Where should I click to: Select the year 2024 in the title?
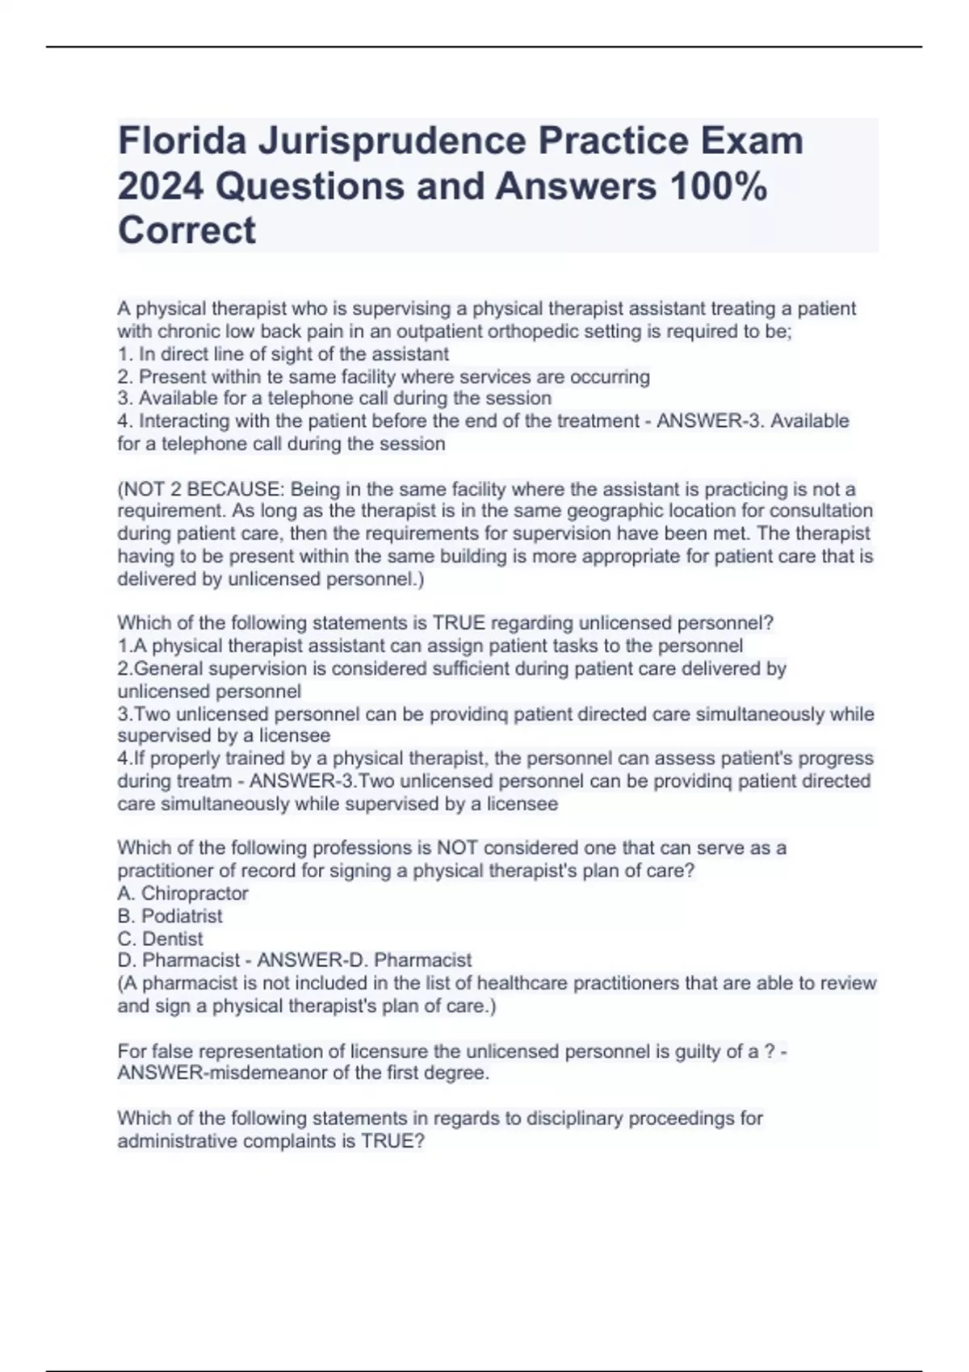(x=160, y=186)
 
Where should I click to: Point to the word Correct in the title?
(x=187, y=231)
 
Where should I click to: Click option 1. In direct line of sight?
(x=283, y=354)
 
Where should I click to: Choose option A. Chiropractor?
(x=182, y=893)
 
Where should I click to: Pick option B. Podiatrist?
(x=170, y=916)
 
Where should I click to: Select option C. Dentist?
(x=160, y=939)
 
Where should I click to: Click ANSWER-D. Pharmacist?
(x=364, y=960)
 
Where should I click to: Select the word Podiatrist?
(x=182, y=916)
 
